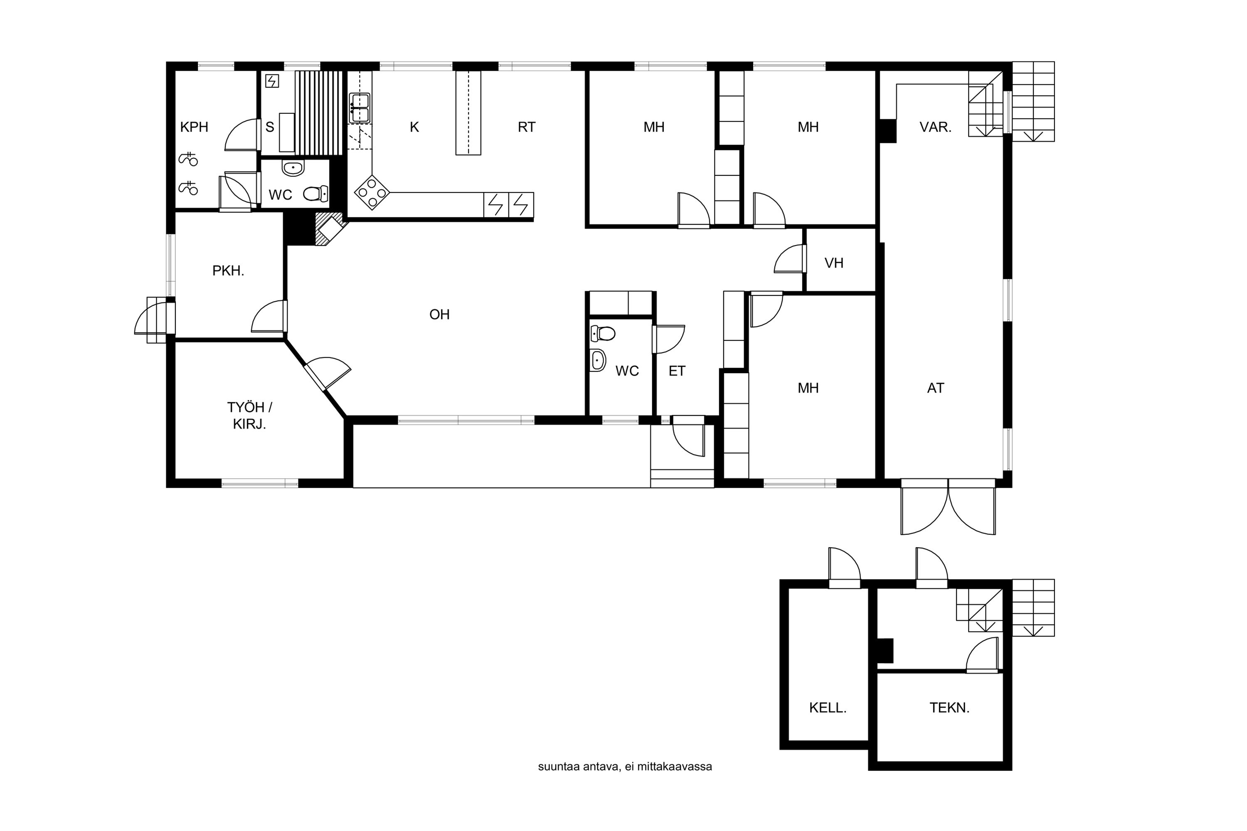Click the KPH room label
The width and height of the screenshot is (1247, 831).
(194, 127)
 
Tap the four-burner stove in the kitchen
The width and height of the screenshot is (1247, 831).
(372, 192)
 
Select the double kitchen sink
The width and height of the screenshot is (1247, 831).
(360, 108)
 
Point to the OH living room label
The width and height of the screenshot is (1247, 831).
(439, 315)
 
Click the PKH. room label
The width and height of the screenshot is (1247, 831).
(228, 271)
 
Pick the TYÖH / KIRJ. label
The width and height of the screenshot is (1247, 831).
(250, 415)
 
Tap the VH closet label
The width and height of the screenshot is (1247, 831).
(834, 263)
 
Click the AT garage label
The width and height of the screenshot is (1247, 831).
(935, 388)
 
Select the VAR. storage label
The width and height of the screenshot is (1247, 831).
(935, 127)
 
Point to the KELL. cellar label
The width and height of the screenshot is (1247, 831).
(828, 708)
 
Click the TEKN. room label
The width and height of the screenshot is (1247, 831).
(949, 708)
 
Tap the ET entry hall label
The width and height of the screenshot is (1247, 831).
(677, 371)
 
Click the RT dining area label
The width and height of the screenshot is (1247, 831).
(527, 127)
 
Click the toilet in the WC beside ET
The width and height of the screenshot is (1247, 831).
(603, 333)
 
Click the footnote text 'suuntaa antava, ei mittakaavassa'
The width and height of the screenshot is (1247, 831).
(625, 767)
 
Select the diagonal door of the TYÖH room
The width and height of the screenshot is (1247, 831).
(327, 374)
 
